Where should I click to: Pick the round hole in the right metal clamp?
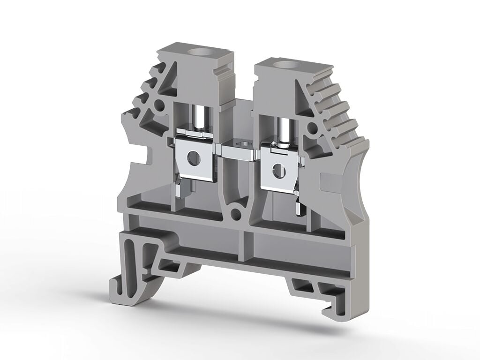click(x=279, y=170)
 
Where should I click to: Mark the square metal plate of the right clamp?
click(x=280, y=171)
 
